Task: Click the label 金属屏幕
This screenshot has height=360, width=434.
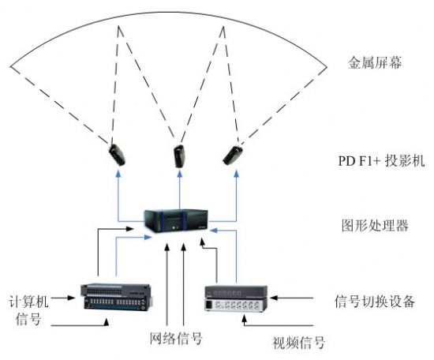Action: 375,62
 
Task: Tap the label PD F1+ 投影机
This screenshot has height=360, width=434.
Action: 381,160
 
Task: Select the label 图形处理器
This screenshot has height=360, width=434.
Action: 375,225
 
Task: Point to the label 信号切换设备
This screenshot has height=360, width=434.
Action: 375,302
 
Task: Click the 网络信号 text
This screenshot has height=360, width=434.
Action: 176,338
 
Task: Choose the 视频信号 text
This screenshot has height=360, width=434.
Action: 298,343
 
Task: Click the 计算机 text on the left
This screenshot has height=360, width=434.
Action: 28,302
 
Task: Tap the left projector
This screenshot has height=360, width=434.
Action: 117,155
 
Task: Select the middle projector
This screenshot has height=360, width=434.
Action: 179,156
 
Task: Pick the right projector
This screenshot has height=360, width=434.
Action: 233,156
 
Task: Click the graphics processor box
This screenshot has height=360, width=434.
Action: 176,221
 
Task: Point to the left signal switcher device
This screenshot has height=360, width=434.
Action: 117,297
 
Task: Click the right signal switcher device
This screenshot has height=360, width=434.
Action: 236,299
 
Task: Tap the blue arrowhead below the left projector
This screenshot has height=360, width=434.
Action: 118,174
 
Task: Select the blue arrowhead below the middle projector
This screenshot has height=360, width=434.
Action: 180,174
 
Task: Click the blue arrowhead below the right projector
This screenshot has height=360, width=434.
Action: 236,174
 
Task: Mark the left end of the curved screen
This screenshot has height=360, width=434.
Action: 10,66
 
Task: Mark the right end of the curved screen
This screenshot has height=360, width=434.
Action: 327,67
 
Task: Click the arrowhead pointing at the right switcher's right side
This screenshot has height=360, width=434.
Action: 274,298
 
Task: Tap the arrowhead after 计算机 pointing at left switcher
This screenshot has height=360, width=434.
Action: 71,298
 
